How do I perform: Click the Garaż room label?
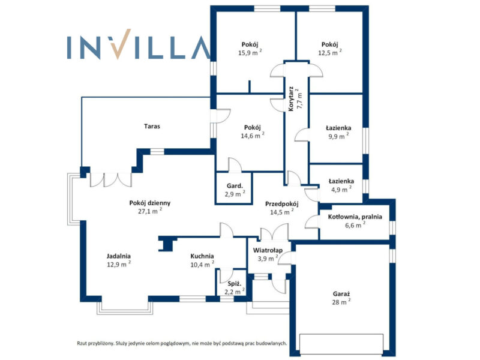(341, 293)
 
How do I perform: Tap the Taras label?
(152, 127)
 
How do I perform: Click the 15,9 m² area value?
(249, 53)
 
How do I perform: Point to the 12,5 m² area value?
(329, 53)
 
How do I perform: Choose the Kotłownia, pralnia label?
(354, 217)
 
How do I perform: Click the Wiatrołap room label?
(268, 250)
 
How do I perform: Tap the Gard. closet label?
(233, 185)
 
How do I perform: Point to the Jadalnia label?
(119, 256)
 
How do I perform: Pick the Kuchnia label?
(202, 256)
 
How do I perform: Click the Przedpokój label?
(281, 203)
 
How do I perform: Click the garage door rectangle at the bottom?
(341, 343)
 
